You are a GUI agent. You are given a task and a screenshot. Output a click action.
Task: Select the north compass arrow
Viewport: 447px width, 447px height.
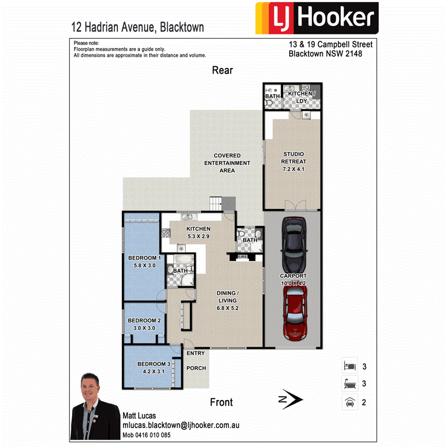(290, 399)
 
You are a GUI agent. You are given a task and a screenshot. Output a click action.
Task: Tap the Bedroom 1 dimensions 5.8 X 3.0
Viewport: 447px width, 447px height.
(144, 265)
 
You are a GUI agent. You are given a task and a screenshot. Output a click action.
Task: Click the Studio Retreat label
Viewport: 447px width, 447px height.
(294, 158)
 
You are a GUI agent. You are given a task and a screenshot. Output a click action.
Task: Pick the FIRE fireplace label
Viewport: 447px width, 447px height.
(242, 257)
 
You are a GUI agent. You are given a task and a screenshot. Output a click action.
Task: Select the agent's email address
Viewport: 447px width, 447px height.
(181, 425)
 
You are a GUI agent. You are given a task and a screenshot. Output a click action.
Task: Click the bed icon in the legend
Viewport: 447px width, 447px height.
(349, 367)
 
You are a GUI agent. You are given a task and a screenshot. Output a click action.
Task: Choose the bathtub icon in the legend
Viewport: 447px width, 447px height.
(349, 384)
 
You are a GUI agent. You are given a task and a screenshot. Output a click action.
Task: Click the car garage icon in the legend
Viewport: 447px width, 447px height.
(349, 402)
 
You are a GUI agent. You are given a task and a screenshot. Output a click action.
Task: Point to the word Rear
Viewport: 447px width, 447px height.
(223, 71)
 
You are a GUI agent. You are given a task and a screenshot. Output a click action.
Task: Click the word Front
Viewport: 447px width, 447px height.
(221, 402)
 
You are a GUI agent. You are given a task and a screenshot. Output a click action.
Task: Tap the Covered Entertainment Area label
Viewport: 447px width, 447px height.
(227, 163)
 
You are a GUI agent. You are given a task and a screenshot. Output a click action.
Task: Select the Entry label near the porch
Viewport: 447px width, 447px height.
(195, 353)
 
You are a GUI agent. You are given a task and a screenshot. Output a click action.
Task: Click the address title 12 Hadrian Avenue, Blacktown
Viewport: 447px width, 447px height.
(138, 27)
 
